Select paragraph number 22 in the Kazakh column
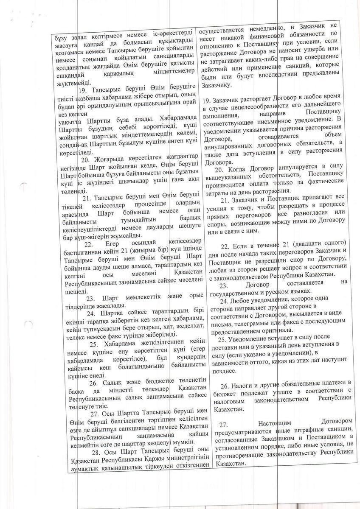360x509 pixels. pos(88,244)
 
